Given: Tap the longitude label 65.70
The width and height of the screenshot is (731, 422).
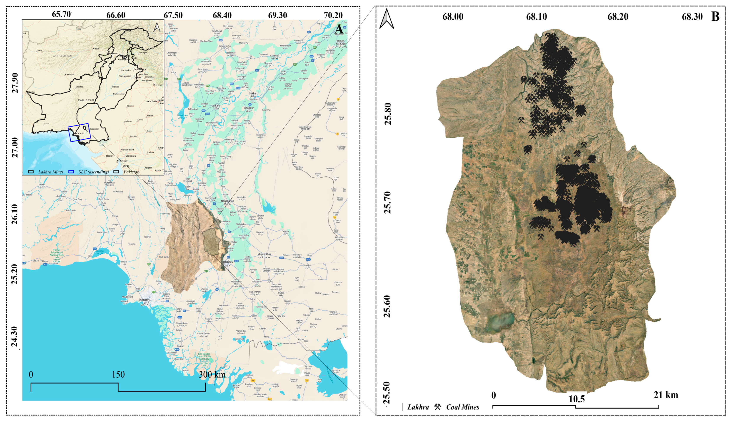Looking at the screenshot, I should click(61, 14).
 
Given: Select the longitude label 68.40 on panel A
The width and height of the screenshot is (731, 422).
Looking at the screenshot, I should click(222, 15).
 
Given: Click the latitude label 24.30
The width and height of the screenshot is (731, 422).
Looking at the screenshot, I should click(14, 337).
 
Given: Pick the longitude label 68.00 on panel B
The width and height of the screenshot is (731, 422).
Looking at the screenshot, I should click(453, 16).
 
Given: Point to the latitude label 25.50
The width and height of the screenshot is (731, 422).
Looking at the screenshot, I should click(387, 393).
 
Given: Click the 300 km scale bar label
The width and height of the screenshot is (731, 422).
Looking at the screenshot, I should click(212, 374).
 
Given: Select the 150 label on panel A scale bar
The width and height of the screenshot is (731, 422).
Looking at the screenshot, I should click(118, 374).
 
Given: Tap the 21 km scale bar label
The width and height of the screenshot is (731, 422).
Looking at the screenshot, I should click(666, 395).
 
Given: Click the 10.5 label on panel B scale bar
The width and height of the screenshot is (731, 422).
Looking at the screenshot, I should click(576, 399).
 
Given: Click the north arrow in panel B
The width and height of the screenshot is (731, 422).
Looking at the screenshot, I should click(387, 19).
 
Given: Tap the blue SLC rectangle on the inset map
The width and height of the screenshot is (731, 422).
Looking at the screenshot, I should click(79, 132).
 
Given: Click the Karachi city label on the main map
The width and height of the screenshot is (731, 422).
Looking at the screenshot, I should click(145, 300).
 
